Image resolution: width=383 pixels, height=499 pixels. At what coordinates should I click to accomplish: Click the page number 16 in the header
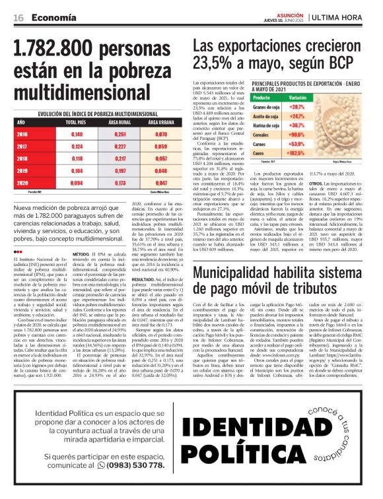18,18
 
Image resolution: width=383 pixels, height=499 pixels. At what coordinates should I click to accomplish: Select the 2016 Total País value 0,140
77,134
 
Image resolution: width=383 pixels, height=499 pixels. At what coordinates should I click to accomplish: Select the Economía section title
53,18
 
